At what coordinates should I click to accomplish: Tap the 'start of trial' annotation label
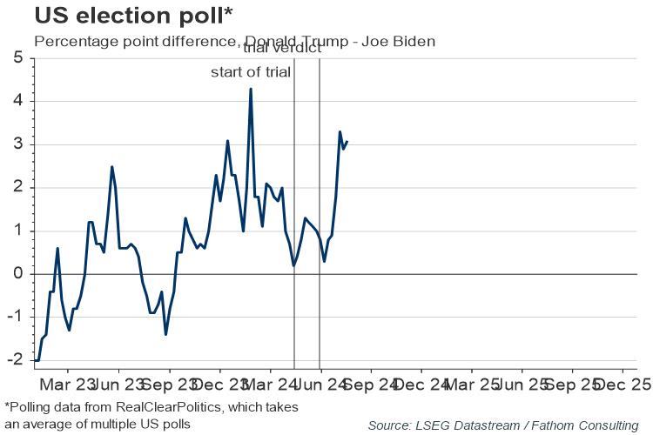click(250, 71)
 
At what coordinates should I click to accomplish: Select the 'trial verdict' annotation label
click(282, 48)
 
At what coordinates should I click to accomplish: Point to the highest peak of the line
click(251, 89)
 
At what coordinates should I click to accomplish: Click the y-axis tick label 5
click(18, 58)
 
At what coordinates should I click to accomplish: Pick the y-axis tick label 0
click(18, 274)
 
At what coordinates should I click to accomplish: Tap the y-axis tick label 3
click(18, 144)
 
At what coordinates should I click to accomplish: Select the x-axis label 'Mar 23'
click(67, 384)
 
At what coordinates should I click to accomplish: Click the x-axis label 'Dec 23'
click(219, 384)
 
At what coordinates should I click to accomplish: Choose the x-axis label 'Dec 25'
click(624, 384)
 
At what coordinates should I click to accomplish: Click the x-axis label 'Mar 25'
click(473, 384)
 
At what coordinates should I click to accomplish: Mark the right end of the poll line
click(347, 141)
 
